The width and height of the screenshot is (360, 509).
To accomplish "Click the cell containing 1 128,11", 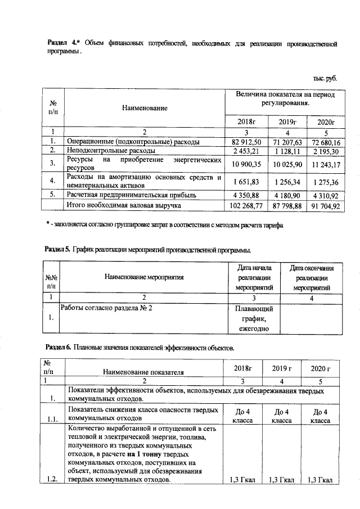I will (287, 151).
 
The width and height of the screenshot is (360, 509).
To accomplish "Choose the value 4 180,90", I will (287, 195).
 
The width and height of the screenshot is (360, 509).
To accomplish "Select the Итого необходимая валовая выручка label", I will (123, 206).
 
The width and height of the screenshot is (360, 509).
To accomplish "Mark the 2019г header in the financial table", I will (287, 121).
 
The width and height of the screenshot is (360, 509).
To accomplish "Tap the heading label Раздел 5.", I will (57, 249).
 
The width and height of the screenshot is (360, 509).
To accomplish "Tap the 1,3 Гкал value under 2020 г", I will (318, 479).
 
